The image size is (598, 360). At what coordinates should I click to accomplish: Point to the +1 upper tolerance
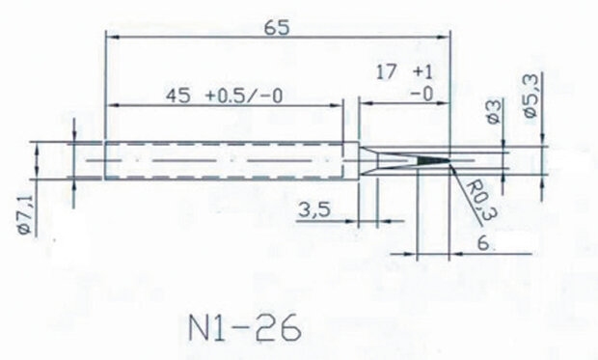pyautogui.click(x=421, y=73)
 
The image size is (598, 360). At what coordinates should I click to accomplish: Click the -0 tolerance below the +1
pyautogui.click(x=421, y=94)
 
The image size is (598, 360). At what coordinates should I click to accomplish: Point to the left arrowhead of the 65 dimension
pyautogui.click(x=109, y=36)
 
